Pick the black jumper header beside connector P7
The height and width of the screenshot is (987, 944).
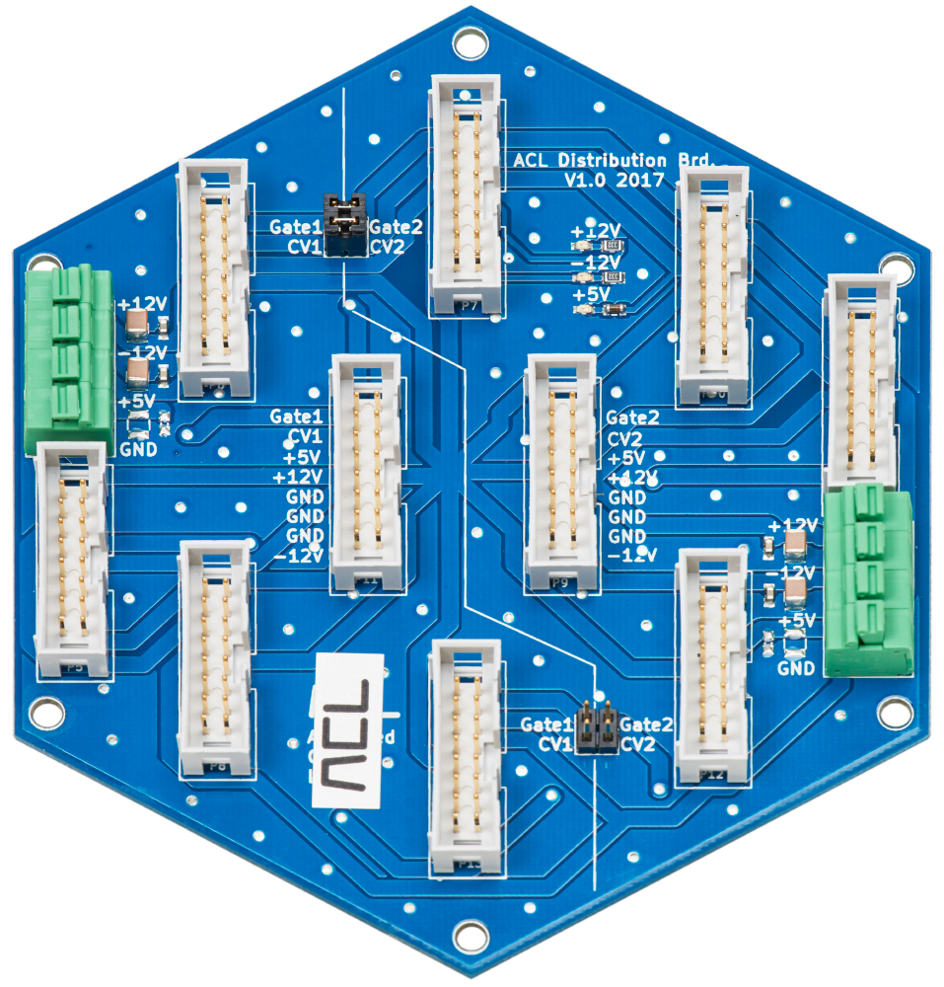[x=344, y=224]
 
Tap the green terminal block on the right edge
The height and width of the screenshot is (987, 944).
[x=868, y=580]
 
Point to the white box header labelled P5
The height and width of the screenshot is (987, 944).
[x=72, y=560]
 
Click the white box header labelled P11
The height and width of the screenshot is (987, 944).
[x=367, y=474]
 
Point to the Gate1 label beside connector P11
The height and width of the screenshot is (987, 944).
[x=295, y=418]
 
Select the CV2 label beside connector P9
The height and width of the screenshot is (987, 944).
[x=626, y=438]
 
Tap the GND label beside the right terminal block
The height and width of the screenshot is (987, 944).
[x=796, y=668]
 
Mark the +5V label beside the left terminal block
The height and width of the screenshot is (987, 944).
[x=136, y=402]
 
